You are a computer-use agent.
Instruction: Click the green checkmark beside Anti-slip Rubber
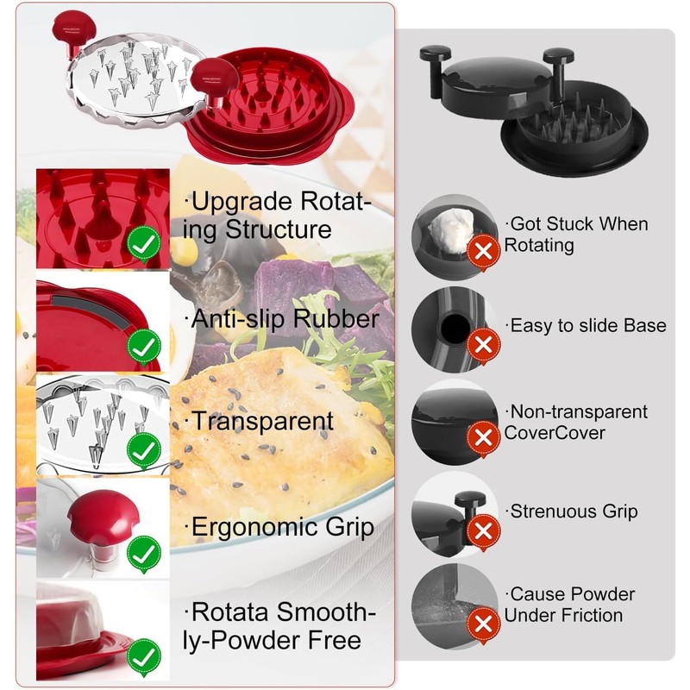[x=144, y=348]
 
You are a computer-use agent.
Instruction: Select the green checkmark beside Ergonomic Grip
[x=144, y=554]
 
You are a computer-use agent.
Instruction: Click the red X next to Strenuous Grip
[x=483, y=531]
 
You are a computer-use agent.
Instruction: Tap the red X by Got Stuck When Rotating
[x=483, y=252]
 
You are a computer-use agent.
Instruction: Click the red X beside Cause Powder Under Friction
[x=483, y=624]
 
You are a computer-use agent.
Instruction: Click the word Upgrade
[x=241, y=203]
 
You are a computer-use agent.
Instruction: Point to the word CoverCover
[x=555, y=433]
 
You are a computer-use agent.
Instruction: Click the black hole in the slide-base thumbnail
[x=455, y=328]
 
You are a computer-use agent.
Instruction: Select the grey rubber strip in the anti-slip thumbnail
[x=91, y=310]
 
